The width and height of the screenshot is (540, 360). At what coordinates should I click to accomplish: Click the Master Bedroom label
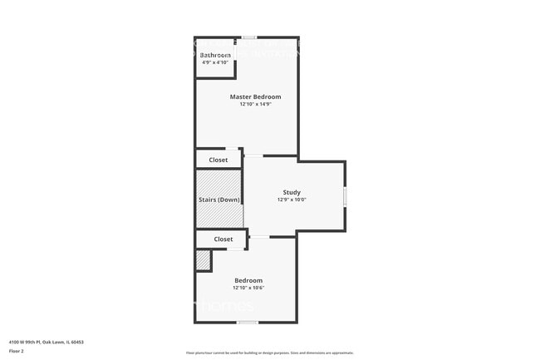click(x=249, y=96)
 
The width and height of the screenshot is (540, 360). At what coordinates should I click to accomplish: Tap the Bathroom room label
click(x=215, y=55)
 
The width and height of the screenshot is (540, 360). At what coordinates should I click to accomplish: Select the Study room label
click(x=292, y=192)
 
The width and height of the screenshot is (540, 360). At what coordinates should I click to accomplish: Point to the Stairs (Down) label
click(x=219, y=200)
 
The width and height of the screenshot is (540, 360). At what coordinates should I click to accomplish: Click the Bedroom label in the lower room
click(x=248, y=280)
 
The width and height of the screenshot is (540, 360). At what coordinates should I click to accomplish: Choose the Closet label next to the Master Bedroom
click(x=218, y=160)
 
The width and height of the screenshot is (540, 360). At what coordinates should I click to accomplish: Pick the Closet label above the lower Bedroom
click(x=223, y=239)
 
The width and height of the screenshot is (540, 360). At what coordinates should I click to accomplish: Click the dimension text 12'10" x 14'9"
click(x=249, y=105)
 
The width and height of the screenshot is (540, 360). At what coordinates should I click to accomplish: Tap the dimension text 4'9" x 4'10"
click(x=215, y=62)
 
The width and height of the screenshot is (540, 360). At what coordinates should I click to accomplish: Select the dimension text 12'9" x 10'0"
click(x=292, y=200)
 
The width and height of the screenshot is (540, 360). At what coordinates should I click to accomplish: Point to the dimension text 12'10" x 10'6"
click(x=248, y=288)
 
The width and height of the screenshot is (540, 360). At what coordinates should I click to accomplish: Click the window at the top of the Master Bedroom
click(x=248, y=37)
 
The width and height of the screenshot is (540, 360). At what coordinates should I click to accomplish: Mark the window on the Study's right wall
click(x=345, y=196)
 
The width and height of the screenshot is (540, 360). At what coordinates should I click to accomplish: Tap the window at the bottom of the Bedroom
click(x=246, y=322)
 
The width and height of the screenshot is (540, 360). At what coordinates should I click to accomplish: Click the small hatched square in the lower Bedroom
click(x=203, y=261)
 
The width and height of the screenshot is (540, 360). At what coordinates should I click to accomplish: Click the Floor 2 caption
click(x=17, y=351)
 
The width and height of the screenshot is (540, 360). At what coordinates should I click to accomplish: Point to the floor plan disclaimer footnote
click(x=270, y=353)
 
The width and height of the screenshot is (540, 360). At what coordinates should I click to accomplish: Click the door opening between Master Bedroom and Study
click(x=253, y=155)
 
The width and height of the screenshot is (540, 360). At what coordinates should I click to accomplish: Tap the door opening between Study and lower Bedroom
click(x=259, y=237)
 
